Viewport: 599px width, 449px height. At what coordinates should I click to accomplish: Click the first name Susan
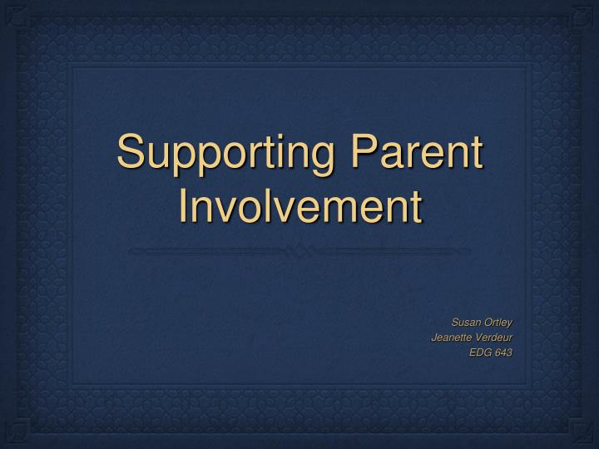[x=465, y=322]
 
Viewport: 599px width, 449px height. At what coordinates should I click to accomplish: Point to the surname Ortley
[x=498, y=322]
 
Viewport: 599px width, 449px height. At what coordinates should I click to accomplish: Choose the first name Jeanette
[x=450, y=337]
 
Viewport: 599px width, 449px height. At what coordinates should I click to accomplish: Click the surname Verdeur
[x=493, y=337]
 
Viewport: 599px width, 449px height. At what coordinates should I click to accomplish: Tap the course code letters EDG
[x=480, y=352]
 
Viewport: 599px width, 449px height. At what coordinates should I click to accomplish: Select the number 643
[x=503, y=352]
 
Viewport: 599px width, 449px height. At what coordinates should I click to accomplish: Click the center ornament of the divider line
[x=299, y=249]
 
